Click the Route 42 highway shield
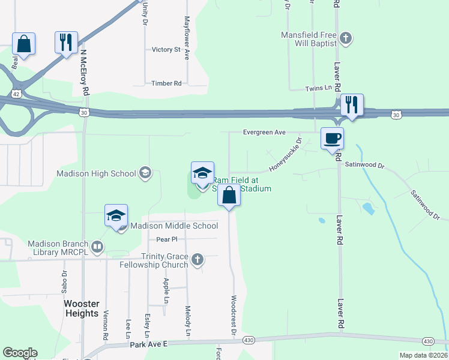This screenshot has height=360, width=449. [16, 94]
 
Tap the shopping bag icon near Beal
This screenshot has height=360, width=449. [23, 44]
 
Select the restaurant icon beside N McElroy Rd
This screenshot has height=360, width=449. [66, 43]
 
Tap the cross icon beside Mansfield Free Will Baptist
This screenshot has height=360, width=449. [345, 39]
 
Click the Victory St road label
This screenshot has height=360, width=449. [166, 49]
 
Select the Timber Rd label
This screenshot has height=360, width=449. [166, 83]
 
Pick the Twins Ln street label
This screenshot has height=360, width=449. [319, 88]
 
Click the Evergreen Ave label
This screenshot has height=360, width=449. [265, 132]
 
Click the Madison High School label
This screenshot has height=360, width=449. [96, 173]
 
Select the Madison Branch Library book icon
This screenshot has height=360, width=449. [97, 247]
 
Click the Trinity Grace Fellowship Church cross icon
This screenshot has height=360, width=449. [197, 260]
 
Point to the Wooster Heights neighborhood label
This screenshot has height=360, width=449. [81, 308]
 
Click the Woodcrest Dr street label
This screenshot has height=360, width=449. [233, 315]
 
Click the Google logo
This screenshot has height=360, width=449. [20, 353]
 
